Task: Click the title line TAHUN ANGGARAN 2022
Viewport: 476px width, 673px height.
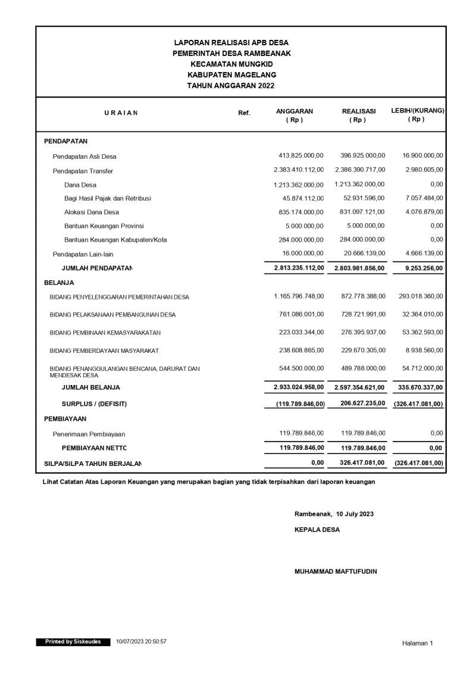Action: click(231, 86)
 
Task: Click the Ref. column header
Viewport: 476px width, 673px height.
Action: click(244, 112)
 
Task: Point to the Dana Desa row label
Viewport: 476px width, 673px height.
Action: click(80, 184)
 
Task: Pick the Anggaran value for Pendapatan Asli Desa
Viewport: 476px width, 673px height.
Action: click(297, 156)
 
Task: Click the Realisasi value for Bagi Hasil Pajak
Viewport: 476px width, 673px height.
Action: click(361, 198)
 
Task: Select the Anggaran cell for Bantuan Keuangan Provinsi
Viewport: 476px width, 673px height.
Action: click(305, 226)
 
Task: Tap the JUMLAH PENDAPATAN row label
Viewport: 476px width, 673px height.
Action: click(97, 269)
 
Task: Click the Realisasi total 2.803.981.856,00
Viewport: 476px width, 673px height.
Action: click(360, 268)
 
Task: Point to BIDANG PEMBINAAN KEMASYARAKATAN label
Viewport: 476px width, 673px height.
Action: click(105, 333)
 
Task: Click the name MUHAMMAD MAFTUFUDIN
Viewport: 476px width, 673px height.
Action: click(336, 571)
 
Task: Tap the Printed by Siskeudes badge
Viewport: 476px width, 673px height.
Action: click(73, 642)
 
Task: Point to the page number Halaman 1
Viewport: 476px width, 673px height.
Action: click(418, 643)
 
